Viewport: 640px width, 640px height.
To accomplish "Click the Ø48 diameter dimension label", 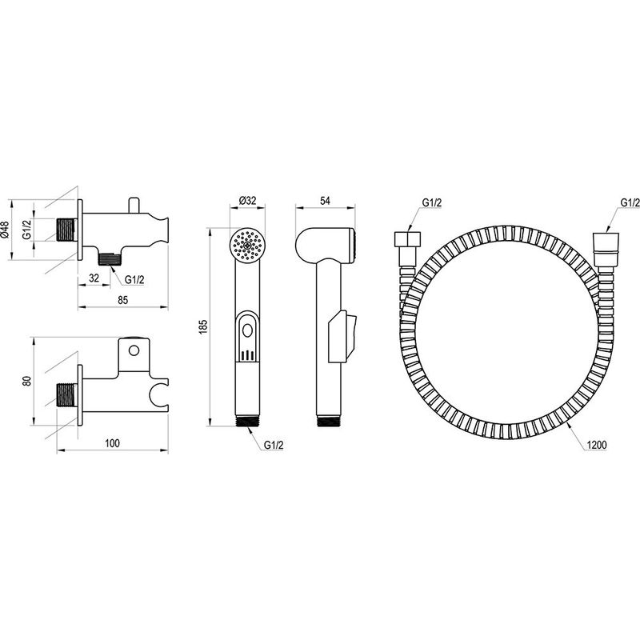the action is [5, 230].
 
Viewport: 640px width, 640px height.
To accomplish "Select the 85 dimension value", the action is [122, 300].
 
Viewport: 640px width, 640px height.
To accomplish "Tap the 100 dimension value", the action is [112, 443].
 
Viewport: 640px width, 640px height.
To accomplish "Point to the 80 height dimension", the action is [27, 382].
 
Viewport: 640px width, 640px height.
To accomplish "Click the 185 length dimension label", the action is [203, 326].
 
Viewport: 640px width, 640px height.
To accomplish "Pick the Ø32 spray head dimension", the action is [247, 201].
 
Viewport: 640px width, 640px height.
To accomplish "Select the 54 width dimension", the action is [325, 201].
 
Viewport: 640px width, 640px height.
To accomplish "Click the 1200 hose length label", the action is [597, 445].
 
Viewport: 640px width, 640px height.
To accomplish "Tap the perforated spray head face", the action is [247, 246].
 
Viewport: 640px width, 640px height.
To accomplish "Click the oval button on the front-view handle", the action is [247, 330].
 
